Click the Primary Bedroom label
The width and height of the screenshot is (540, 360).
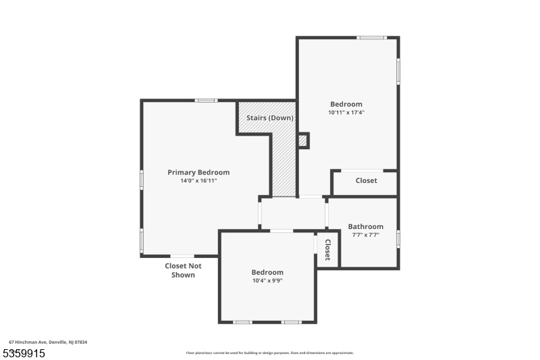(x=198, y=172)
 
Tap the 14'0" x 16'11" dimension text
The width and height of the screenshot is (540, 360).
(x=198, y=181)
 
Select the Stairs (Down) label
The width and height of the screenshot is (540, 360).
(x=269, y=118)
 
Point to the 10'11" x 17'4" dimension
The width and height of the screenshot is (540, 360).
(x=346, y=113)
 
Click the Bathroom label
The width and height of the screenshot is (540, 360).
(x=366, y=226)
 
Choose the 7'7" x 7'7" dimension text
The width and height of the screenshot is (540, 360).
(x=366, y=235)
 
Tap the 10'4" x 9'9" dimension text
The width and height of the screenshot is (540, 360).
(x=267, y=281)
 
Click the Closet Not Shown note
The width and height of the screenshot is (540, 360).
(x=184, y=270)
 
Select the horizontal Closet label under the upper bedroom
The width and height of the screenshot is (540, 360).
(x=367, y=180)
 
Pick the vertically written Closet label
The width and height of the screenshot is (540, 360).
(x=327, y=249)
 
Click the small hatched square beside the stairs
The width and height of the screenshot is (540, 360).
(x=303, y=140)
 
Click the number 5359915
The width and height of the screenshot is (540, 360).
(x=24, y=353)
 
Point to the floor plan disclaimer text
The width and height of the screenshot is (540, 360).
(x=270, y=353)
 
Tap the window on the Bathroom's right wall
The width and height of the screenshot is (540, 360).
(x=398, y=238)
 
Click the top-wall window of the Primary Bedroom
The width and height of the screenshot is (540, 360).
(x=206, y=101)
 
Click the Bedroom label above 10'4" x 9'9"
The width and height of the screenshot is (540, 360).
(x=268, y=272)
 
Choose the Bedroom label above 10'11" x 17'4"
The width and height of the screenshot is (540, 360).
(x=346, y=104)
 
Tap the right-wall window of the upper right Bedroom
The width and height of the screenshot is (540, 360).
(x=398, y=70)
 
